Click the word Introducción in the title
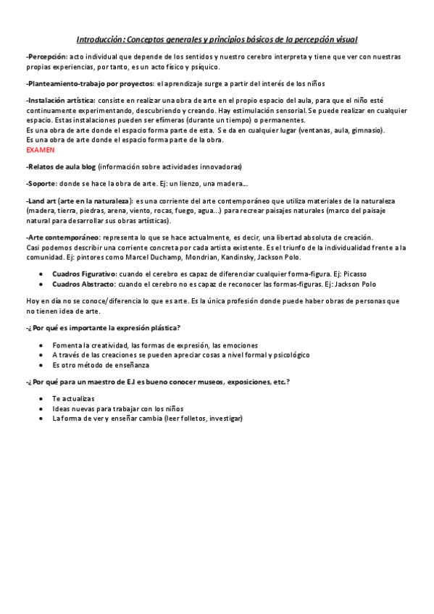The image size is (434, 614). (100, 39)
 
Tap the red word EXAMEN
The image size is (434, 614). (40, 149)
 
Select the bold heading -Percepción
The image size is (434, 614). (46, 56)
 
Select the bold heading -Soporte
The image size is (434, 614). (41, 184)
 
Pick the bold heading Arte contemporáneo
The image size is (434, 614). (63, 237)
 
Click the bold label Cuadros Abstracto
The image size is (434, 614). (83, 284)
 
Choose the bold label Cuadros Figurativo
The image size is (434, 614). (84, 274)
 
